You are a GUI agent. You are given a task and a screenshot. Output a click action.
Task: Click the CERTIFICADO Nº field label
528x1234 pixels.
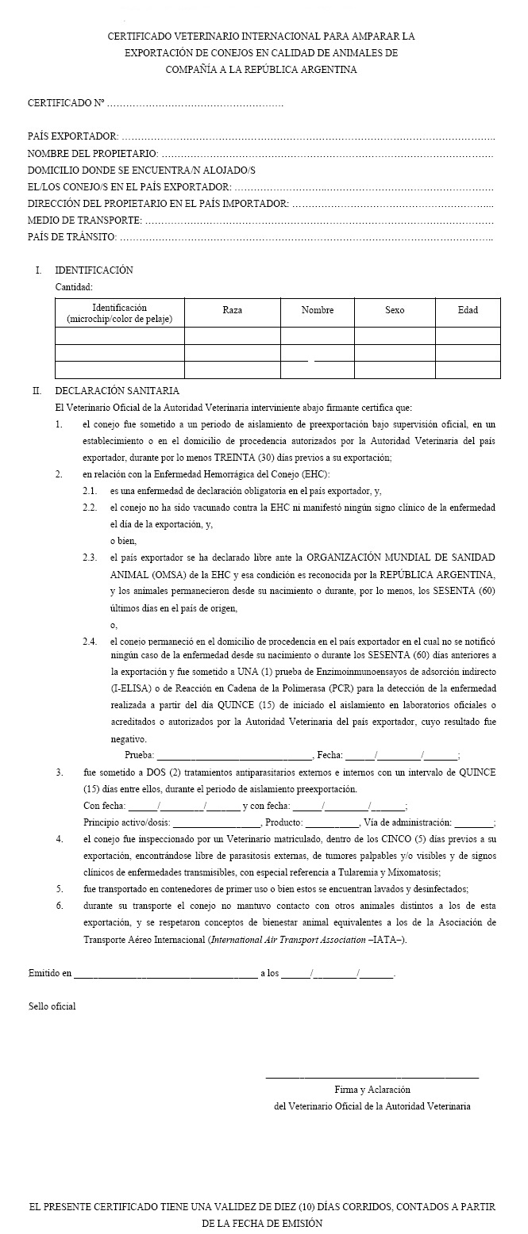click(66, 104)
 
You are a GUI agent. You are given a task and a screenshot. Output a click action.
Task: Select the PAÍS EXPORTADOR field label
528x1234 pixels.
click(73, 137)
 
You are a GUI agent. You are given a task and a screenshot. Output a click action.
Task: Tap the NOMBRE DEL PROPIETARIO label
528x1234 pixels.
click(92, 154)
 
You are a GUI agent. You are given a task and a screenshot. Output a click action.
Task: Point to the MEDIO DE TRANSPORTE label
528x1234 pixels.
click(84, 220)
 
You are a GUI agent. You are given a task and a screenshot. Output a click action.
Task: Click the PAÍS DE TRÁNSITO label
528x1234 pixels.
click(71, 236)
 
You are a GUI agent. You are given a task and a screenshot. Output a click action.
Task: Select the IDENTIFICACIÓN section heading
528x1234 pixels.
click(94, 270)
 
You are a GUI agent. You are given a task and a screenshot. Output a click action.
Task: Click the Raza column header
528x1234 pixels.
click(233, 310)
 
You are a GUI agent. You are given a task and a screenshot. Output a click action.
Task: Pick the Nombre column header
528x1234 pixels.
click(318, 310)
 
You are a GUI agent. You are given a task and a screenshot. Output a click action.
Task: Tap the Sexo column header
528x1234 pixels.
click(395, 310)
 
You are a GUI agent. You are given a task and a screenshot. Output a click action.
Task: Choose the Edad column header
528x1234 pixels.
click(468, 310)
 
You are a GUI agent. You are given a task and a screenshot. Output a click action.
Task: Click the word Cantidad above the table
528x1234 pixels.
click(74, 287)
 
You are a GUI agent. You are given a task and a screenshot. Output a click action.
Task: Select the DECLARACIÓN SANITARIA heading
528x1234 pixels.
click(117, 391)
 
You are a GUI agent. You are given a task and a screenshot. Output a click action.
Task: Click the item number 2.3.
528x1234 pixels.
click(90, 558)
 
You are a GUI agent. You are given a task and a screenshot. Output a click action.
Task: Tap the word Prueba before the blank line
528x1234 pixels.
click(140, 756)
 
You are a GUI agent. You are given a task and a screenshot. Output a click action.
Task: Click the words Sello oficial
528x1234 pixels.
click(52, 1006)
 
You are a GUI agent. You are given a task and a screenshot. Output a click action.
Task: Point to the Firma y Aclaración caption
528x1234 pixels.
click(372, 1090)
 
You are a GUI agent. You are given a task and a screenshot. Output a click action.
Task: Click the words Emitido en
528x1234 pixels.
click(49, 972)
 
